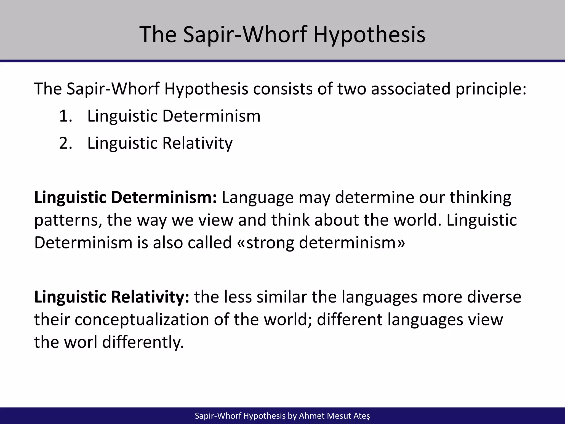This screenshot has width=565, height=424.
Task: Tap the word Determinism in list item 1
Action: point(211,116)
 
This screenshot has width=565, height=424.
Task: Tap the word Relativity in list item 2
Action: point(197,143)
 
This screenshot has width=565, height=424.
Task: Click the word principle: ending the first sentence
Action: point(491,89)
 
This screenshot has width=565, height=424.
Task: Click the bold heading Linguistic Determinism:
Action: point(126,198)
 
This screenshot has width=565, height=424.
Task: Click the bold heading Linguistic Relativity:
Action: point(112,297)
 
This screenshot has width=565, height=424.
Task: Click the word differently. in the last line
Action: point(143,342)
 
